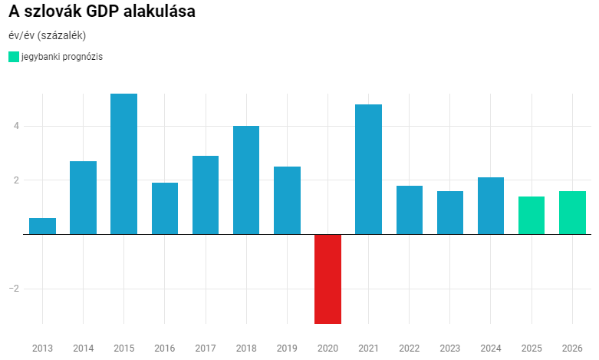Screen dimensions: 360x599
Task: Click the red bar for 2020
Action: pos(327,279)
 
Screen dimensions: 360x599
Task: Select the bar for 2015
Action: pos(123,163)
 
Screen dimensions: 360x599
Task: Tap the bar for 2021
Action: pos(368,169)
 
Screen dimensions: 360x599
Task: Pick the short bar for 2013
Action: pos(42,226)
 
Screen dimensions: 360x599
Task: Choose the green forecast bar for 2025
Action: pos(532,216)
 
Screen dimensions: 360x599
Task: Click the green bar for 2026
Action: pos(572,213)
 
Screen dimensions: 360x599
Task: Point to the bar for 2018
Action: pos(246,180)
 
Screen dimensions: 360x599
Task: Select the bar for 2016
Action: pos(165,208)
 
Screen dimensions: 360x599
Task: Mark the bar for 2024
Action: pos(491,206)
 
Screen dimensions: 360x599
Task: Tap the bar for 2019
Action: pos(287,200)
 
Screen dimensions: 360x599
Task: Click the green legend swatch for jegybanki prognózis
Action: pos(14,57)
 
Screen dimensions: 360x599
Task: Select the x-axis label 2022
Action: pos(409,348)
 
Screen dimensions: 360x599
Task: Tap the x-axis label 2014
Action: pos(83,348)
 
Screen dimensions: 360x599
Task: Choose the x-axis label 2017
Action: pos(206,348)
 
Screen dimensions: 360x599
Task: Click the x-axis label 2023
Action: pos(449,348)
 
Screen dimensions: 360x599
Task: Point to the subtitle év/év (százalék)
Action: pos(47,35)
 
